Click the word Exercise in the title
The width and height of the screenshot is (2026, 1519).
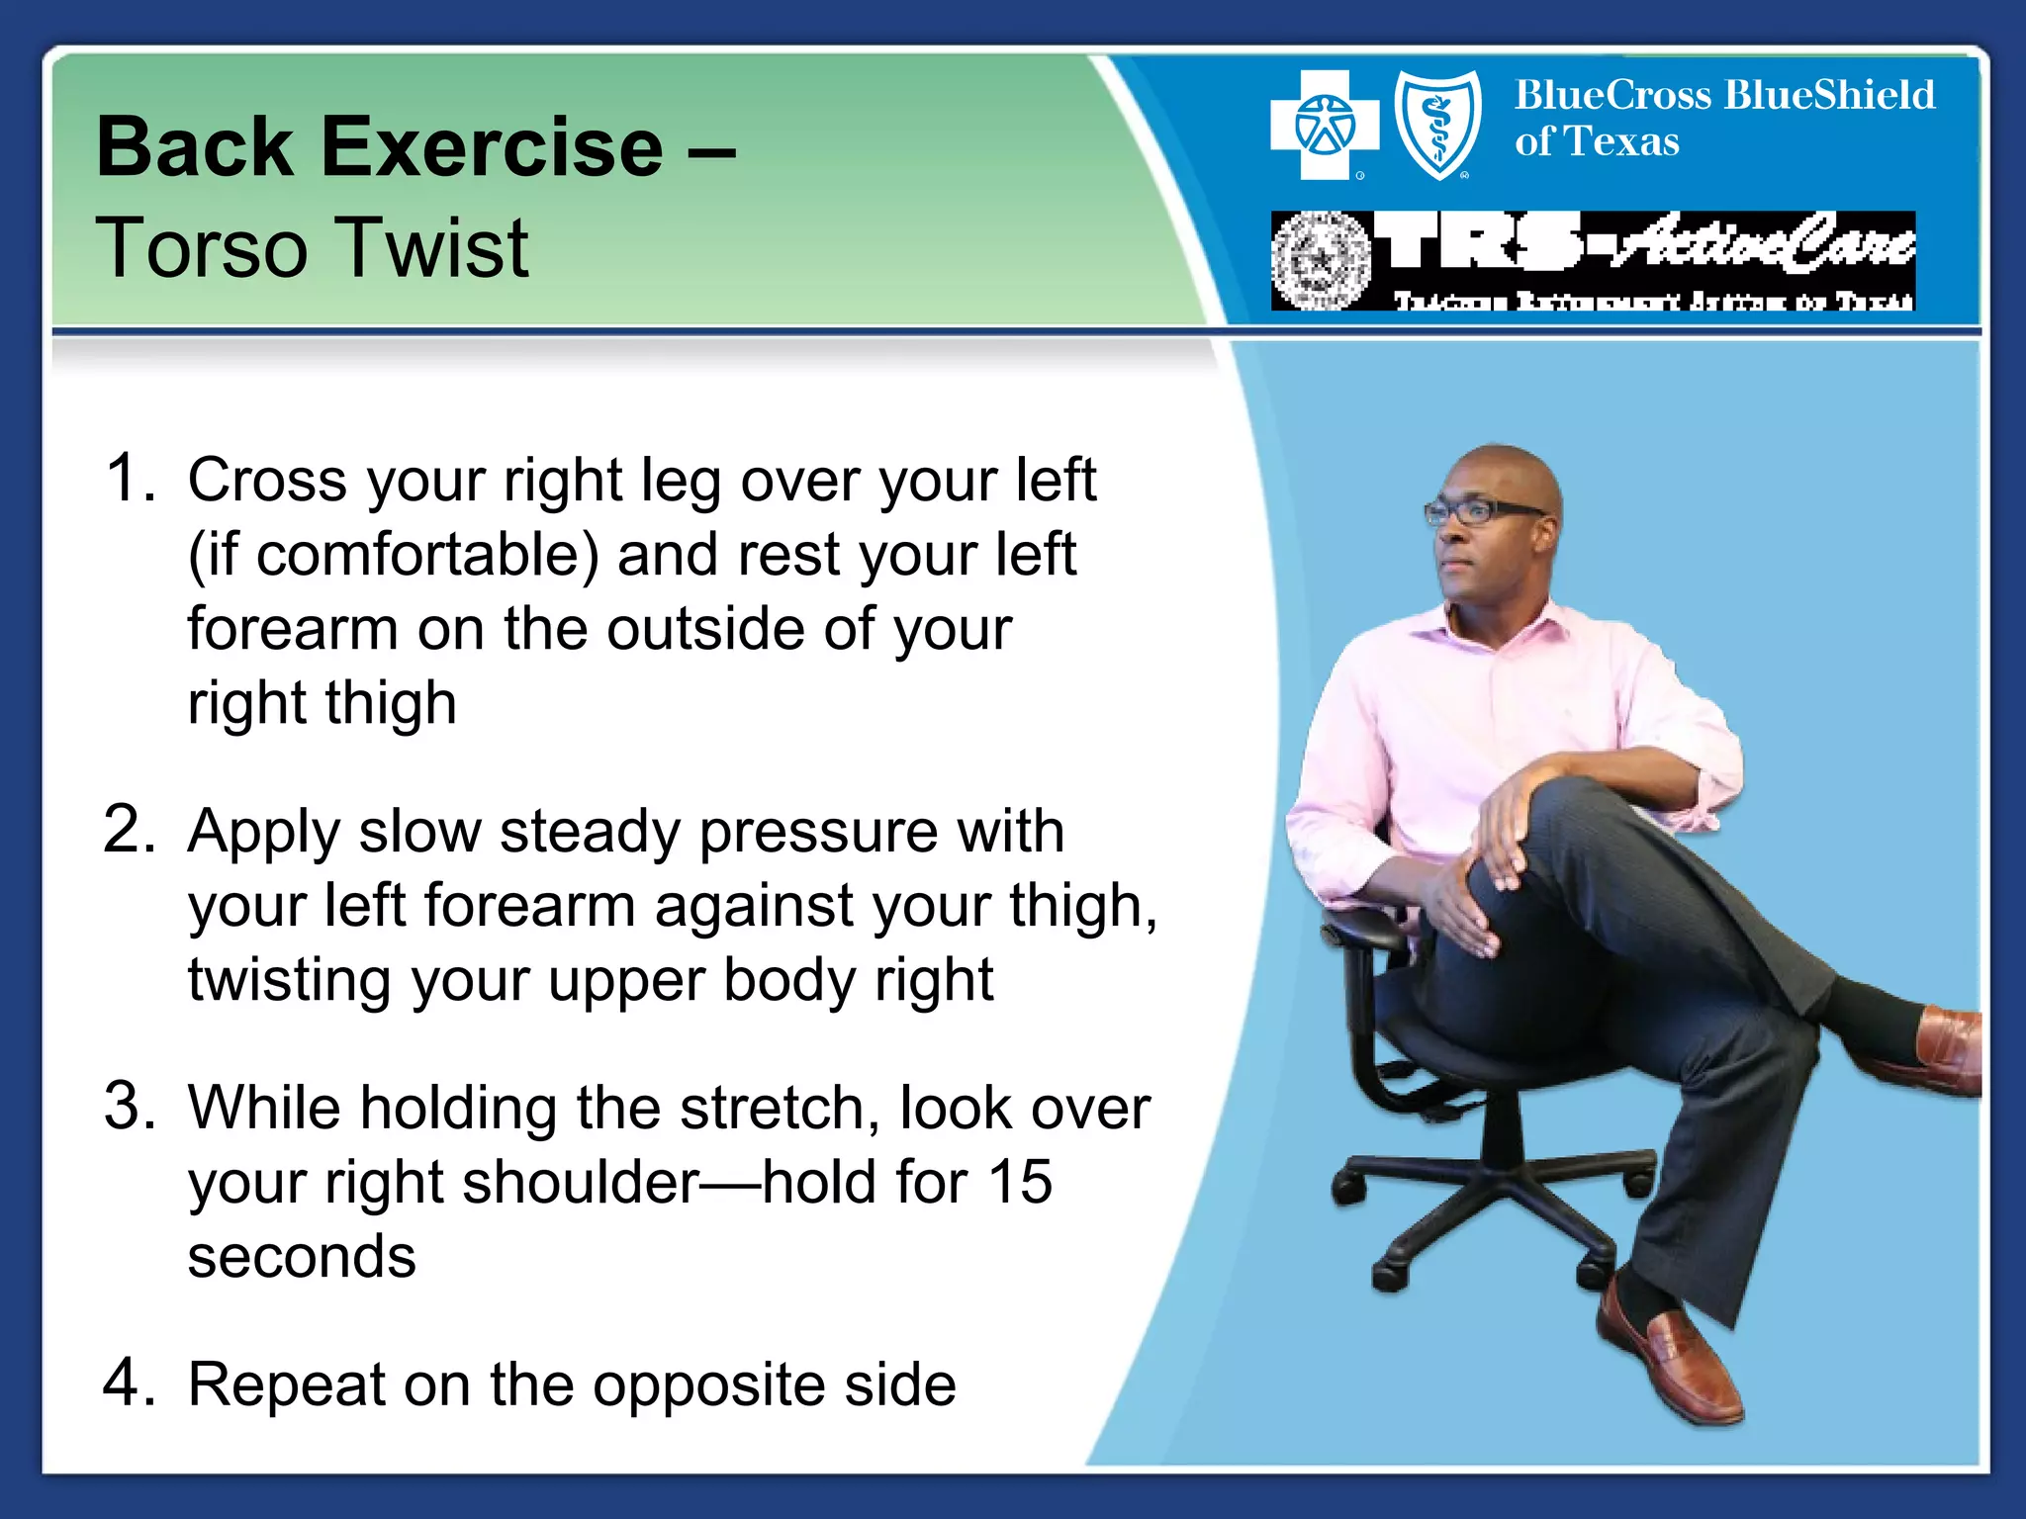pos(492,148)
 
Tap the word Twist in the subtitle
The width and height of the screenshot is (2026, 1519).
pos(435,248)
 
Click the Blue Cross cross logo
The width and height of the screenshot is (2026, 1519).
pos(1324,126)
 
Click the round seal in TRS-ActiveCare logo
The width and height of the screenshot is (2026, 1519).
pos(1321,261)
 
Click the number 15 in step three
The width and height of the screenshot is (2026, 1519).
pos(1019,1182)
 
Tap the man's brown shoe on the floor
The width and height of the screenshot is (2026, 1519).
pos(1672,1360)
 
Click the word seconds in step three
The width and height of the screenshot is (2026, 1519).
pos(302,1257)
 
